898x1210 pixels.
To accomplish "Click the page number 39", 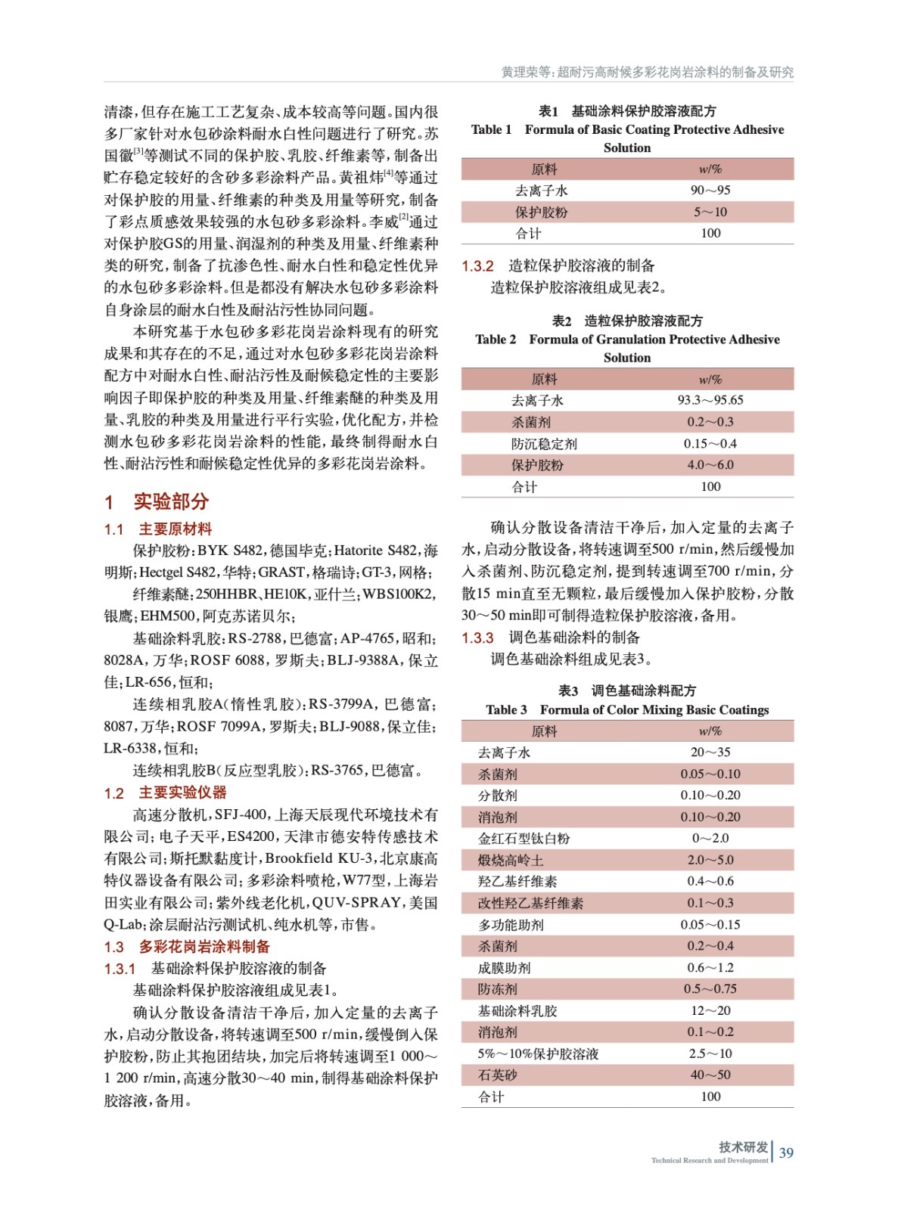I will point(786,1153).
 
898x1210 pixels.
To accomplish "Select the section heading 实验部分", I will point(171,501).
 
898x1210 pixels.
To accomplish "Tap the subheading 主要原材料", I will point(175,529).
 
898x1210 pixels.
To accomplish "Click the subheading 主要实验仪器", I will point(182,793).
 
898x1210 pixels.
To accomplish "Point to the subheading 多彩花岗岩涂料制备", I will point(204,947).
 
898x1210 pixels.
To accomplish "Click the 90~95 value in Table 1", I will point(710,191).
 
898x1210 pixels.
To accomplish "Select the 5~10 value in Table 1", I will point(710,213).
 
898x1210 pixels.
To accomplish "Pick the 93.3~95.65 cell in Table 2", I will point(710,400).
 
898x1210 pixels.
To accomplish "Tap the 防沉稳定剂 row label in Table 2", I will point(543,444).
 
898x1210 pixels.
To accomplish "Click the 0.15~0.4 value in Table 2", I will point(710,444).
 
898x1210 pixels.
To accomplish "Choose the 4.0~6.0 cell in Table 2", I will point(710,465).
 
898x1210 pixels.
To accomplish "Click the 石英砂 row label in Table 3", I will point(497,1075).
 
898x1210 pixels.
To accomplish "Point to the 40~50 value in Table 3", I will point(710,1075).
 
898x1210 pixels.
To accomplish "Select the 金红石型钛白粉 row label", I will point(524,839).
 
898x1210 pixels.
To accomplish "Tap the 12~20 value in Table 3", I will point(710,1011).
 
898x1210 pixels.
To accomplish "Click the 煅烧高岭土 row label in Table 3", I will point(511,861).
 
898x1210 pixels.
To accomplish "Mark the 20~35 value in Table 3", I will point(710,752).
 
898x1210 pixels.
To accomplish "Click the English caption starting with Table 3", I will point(627,710).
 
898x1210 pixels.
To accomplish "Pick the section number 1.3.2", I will point(477,266).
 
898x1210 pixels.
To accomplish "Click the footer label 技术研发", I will point(743,1147).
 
